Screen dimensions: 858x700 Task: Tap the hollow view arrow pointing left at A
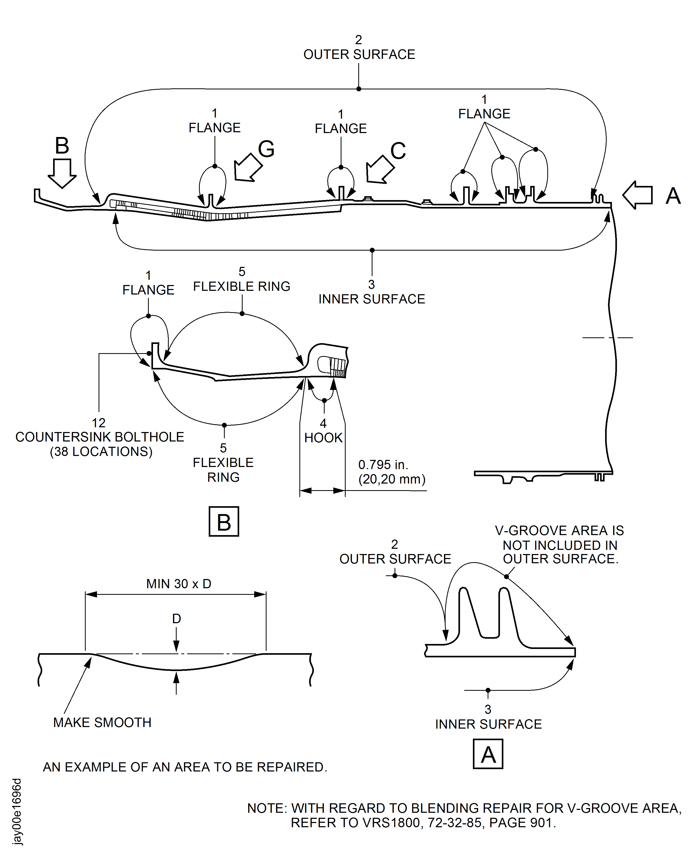pos(638,195)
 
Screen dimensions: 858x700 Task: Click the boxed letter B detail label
pos(224,522)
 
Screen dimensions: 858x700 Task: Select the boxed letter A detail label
pos(488,754)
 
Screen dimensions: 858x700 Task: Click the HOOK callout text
pos(323,438)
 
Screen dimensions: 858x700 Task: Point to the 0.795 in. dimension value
pos(383,465)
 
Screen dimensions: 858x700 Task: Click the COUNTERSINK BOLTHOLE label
pos(100,437)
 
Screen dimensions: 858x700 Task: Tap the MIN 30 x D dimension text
pos(179,584)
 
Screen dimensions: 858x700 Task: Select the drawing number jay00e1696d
pos(17,811)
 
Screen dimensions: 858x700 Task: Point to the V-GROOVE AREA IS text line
pos(559,530)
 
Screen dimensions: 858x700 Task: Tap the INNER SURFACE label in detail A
pos(488,724)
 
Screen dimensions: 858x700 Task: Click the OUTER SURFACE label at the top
pos(359,54)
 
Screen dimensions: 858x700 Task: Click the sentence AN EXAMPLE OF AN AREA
pos(185,767)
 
